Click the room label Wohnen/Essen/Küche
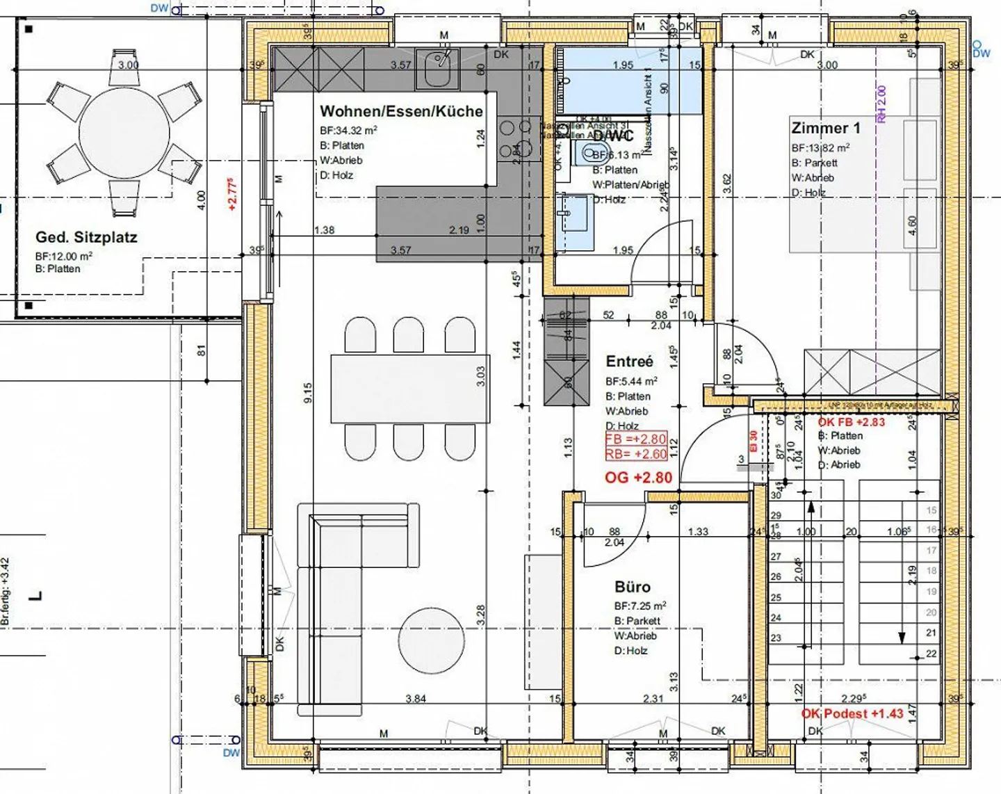tap(401, 111)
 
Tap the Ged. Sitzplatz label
tap(86, 237)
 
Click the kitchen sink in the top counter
tap(437, 68)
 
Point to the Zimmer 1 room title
tap(825, 128)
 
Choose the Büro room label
tap(632, 587)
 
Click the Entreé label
tap(629, 362)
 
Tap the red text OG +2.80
tap(638, 478)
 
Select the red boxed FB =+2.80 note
tap(636, 439)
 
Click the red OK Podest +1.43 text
tap(852, 713)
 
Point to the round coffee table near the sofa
tap(431, 640)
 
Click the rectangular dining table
tap(409, 387)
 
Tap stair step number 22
tap(931, 654)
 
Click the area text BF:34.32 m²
tap(348, 130)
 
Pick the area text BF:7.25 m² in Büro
tap(640, 606)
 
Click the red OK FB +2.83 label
tap(851, 422)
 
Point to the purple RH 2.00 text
tap(881, 104)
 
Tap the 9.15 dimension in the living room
tap(308, 391)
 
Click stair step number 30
tap(776, 495)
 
